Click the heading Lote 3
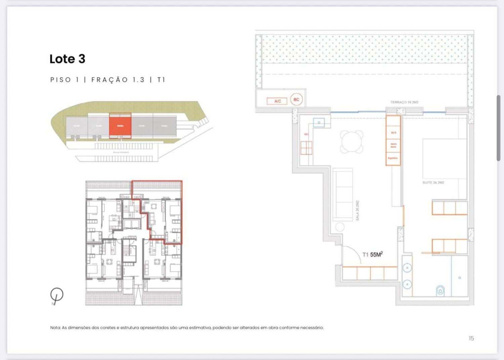point(67,59)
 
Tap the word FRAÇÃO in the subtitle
point(110,80)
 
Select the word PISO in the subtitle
point(61,80)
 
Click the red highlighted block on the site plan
point(120,125)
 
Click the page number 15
point(471,338)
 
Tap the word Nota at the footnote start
point(55,327)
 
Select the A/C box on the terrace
point(277,101)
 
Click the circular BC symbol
point(296,99)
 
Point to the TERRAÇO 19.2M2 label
point(404,102)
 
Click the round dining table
point(351,142)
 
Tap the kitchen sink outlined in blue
point(319,122)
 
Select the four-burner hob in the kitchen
point(306,148)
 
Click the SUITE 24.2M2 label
point(433,183)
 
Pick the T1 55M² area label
point(372,254)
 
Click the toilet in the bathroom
point(440,290)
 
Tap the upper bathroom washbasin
point(407,268)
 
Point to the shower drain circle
point(459,278)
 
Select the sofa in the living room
point(343,195)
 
